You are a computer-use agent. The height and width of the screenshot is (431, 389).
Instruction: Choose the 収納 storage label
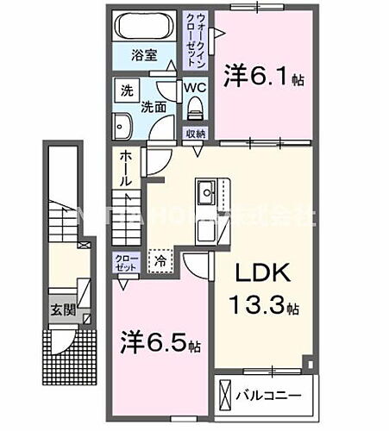tap(195, 134)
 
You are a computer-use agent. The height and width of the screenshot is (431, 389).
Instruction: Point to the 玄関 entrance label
tap(58, 309)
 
